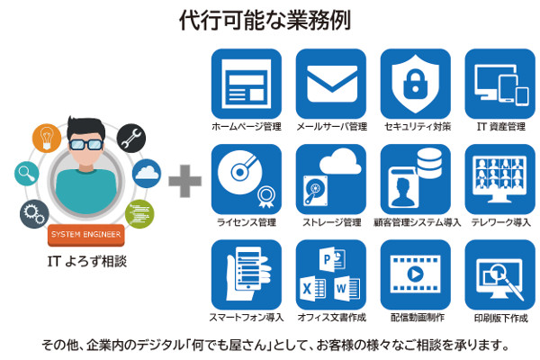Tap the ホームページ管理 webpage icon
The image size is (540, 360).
[246, 83]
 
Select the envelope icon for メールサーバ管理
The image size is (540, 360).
[331, 83]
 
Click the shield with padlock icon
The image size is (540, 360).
[416, 83]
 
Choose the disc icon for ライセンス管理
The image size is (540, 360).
[246, 178]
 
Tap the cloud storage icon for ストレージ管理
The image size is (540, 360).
[331, 178]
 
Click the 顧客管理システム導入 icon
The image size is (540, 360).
[416, 178]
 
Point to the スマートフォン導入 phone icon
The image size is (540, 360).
[246, 274]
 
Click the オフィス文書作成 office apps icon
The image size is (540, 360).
[331, 274]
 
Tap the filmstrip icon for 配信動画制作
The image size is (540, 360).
[416, 274]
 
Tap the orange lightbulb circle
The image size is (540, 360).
[46, 136]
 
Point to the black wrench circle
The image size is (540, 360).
[131, 136]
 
